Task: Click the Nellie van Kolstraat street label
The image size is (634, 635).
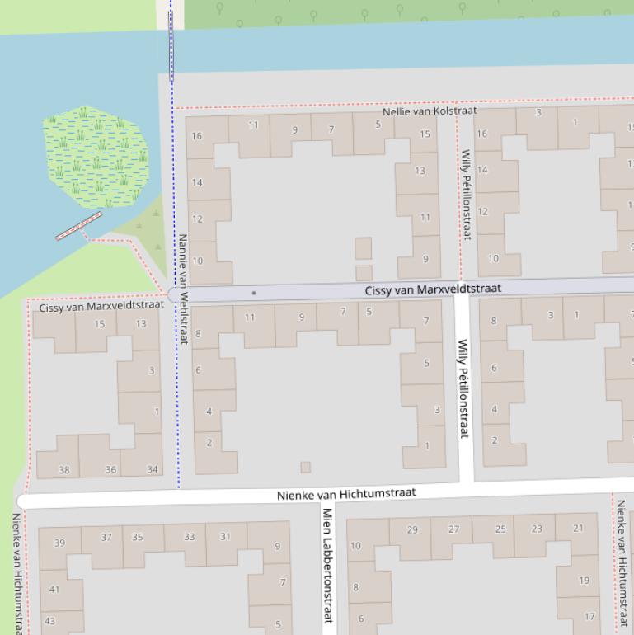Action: click(x=430, y=111)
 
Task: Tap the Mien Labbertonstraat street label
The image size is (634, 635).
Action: click(x=327, y=565)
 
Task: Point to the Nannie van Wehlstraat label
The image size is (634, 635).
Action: click(x=183, y=288)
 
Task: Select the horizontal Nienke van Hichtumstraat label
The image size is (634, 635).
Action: click(x=346, y=494)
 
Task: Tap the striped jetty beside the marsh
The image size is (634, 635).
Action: click(x=78, y=226)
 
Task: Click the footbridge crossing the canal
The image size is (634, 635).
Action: click(x=171, y=47)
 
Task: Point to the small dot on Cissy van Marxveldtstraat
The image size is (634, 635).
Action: click(x=254, y=293)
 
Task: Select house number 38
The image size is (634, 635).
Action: click(x=64, y=470)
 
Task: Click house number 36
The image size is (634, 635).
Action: click(x=110, y=470)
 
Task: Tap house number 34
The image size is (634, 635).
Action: click(x=153, y=470)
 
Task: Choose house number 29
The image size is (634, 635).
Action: click(x=413, y=530)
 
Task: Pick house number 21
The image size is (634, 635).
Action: click(x=578, y=529)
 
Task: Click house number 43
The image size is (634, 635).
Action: click(x=49, y=621)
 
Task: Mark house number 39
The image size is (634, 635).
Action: click(x=59, y=543)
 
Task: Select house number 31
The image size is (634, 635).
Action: click(x=225, y=537)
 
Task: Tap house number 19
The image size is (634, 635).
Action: click(x=584, y=581)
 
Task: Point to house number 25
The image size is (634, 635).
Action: click(x=500, y=529)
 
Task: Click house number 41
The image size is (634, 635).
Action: click(x=54, y=590)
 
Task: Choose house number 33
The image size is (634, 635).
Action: click(x=189, y=537)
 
